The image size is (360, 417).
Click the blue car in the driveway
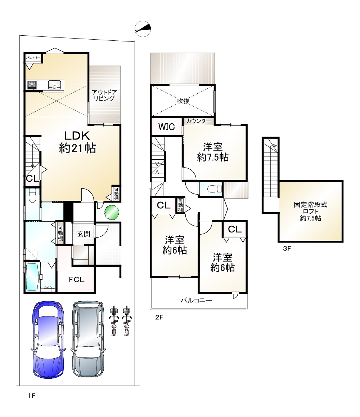49,340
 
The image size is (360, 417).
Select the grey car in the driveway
88,339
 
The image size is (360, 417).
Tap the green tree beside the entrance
112,212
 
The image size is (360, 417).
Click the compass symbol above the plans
143,29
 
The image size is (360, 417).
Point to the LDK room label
77,142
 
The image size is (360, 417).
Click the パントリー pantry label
33,58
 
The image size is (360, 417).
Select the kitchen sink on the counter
55,85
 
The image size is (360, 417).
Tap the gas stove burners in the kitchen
32,85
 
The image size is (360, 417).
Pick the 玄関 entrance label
84,234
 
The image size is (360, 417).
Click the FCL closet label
77,280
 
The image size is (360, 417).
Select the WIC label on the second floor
167,127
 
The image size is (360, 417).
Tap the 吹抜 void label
183,101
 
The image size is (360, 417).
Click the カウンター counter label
198,121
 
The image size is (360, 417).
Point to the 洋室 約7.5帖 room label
213,152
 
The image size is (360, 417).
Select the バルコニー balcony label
196,301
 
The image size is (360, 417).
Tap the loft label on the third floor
310,212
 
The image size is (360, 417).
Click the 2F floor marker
159,317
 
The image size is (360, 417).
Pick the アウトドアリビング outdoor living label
104,95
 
